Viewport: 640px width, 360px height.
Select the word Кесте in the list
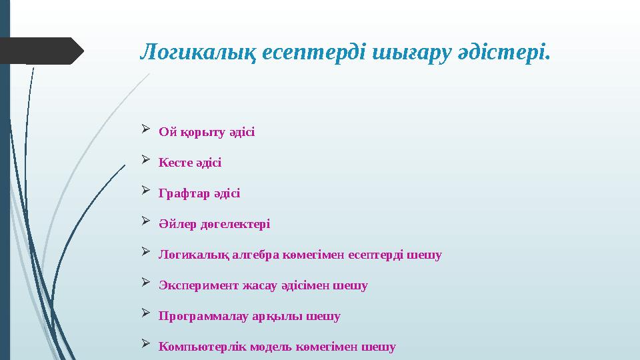click(175, 163)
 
